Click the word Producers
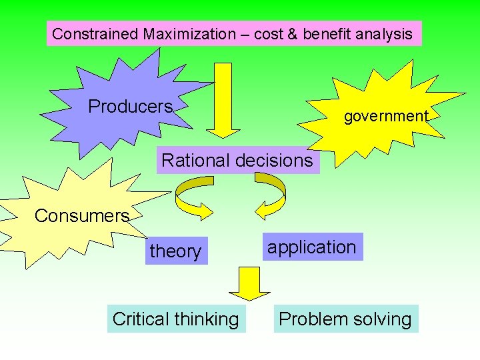(131, 107)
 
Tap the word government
(386, 116)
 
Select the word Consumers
(81, 216)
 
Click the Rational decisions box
(237, 161)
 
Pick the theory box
(175, 251)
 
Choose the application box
(312, 247)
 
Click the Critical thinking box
(176, 319)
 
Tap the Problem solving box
(345, 319)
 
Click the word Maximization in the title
(185, 34)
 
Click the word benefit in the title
(325, 34)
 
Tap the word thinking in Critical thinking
(206, 319)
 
